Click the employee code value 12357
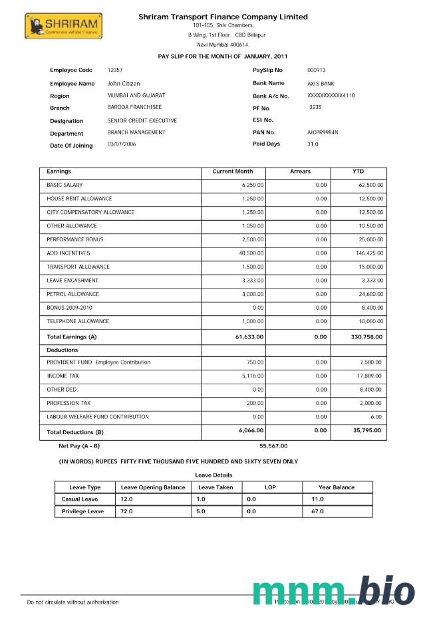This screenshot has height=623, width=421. [115, 70]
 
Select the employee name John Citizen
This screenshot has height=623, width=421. [124, 84]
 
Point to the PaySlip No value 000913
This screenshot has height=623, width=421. [317, 70]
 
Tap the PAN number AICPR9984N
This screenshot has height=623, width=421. [323, 132]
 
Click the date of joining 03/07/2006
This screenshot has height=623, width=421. [122, 145]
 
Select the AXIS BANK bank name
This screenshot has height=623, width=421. [321, 84]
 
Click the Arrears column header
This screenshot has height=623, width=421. [300, 172]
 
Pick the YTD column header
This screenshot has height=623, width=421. [358, 172]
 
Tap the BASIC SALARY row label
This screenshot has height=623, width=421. [65, 185]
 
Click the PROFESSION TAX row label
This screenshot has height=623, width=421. [69, 403]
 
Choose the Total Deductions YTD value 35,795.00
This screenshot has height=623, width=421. [367, 431]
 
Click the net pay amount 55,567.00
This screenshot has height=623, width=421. [273, 445]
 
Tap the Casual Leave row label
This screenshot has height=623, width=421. [80, 499]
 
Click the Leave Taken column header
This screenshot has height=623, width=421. [215, 487]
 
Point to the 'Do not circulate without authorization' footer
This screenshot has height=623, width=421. [72, 602]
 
